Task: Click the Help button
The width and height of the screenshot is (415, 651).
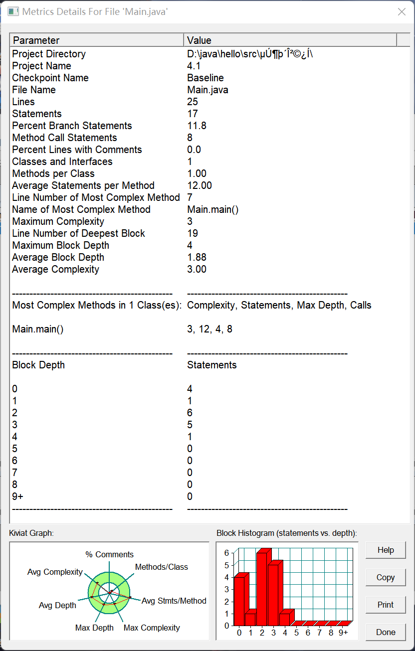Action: pos(386,550)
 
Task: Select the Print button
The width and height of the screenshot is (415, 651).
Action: pos(386,605)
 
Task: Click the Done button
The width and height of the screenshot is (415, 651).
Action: pos(386,632)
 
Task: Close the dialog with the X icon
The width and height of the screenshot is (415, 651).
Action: pos(402,11)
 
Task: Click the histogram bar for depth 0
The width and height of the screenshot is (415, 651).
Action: pos(239,601)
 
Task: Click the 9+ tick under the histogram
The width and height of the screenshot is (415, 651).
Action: pos(343,633)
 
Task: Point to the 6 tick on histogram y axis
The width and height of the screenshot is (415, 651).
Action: pos(226,553)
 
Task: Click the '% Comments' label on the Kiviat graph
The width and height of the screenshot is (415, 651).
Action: pos(109,554)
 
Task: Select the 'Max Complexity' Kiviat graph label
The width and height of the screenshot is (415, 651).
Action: pos(152,628)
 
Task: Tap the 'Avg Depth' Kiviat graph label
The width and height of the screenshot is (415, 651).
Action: pos(57,605)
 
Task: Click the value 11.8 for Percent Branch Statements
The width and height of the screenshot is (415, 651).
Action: pos(197,126)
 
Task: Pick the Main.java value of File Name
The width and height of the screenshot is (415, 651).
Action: pos(207,90)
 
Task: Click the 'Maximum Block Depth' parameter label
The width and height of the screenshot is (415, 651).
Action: pos(60,245)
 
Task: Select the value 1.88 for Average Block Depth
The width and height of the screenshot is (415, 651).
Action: pos(197,257)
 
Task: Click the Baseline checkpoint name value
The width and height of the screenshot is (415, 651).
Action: pos(205,78)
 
